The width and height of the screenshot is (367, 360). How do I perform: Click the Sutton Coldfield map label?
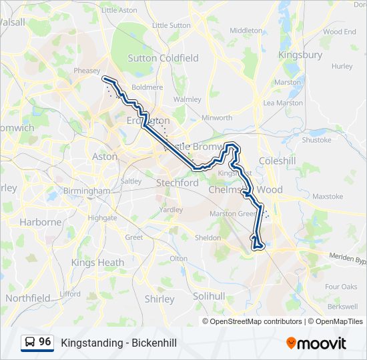point(163,58)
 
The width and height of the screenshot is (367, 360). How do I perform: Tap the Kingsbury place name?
point(300,55)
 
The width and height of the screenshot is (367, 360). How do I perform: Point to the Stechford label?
point(177,182)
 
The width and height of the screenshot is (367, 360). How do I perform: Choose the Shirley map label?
point(159,299)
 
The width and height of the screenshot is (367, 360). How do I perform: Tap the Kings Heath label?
point(97,263)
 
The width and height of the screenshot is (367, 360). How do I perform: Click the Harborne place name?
point(40,222)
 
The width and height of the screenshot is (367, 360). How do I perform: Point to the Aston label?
point(105,157)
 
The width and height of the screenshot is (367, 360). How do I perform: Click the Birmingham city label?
point(87,191)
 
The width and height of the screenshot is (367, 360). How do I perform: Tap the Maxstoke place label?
point(327,197)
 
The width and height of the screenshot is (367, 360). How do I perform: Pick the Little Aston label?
point(119,10)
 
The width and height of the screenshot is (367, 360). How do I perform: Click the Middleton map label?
point(246,31)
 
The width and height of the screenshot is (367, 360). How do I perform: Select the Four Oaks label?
point(341,287)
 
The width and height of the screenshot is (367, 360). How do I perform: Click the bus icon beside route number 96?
point(30,343)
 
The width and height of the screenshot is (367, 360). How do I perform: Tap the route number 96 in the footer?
point(45,342)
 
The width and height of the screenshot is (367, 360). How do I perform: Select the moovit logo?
point(316,343)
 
